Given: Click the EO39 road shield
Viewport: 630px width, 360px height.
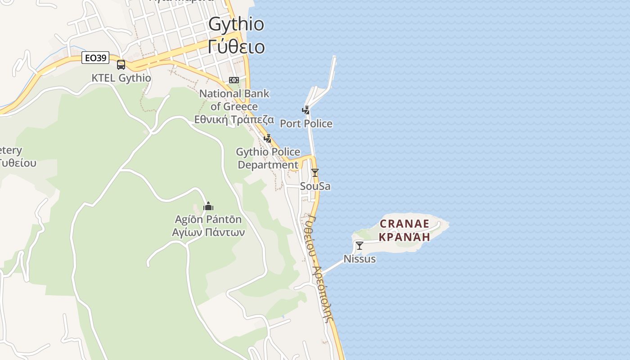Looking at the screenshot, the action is tap(95, 58).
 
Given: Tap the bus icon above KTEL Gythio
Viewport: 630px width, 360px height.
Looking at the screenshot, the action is tap(121, 65).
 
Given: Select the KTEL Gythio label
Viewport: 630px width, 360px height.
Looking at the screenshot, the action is tap(121, 78).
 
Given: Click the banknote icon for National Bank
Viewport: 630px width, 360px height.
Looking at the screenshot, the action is tap(234, 80).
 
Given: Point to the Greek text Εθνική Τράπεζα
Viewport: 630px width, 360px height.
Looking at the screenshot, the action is tap(234, 119).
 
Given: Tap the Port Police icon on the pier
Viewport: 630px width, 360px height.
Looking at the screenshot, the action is tap(306, 110).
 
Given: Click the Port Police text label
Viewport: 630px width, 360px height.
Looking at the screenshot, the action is tap(306, 123).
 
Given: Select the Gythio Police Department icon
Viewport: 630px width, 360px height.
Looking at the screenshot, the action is tap(268, 139).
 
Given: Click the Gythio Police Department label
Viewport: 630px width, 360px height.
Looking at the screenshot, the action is tap(268, 158).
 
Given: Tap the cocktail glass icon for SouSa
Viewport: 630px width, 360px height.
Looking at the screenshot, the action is tap(315, 173).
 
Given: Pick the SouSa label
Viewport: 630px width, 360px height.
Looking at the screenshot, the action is tap(315, 186).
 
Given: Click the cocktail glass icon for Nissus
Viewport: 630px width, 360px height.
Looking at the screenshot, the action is tap(359, 246).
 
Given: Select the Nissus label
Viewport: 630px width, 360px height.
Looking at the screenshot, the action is tap(359, 259).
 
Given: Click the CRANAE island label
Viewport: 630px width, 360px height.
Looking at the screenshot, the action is tap(405, 224).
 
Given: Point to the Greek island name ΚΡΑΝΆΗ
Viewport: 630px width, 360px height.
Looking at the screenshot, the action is tap(405, 236).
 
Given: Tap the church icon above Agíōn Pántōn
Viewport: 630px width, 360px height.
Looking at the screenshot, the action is tap(208, 207).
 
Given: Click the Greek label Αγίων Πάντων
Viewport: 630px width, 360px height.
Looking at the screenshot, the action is tap(208, 232).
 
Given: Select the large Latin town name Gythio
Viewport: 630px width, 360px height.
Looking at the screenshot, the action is tap(236, 24).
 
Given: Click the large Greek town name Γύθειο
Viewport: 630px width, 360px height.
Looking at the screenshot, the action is tap(236, 46).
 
